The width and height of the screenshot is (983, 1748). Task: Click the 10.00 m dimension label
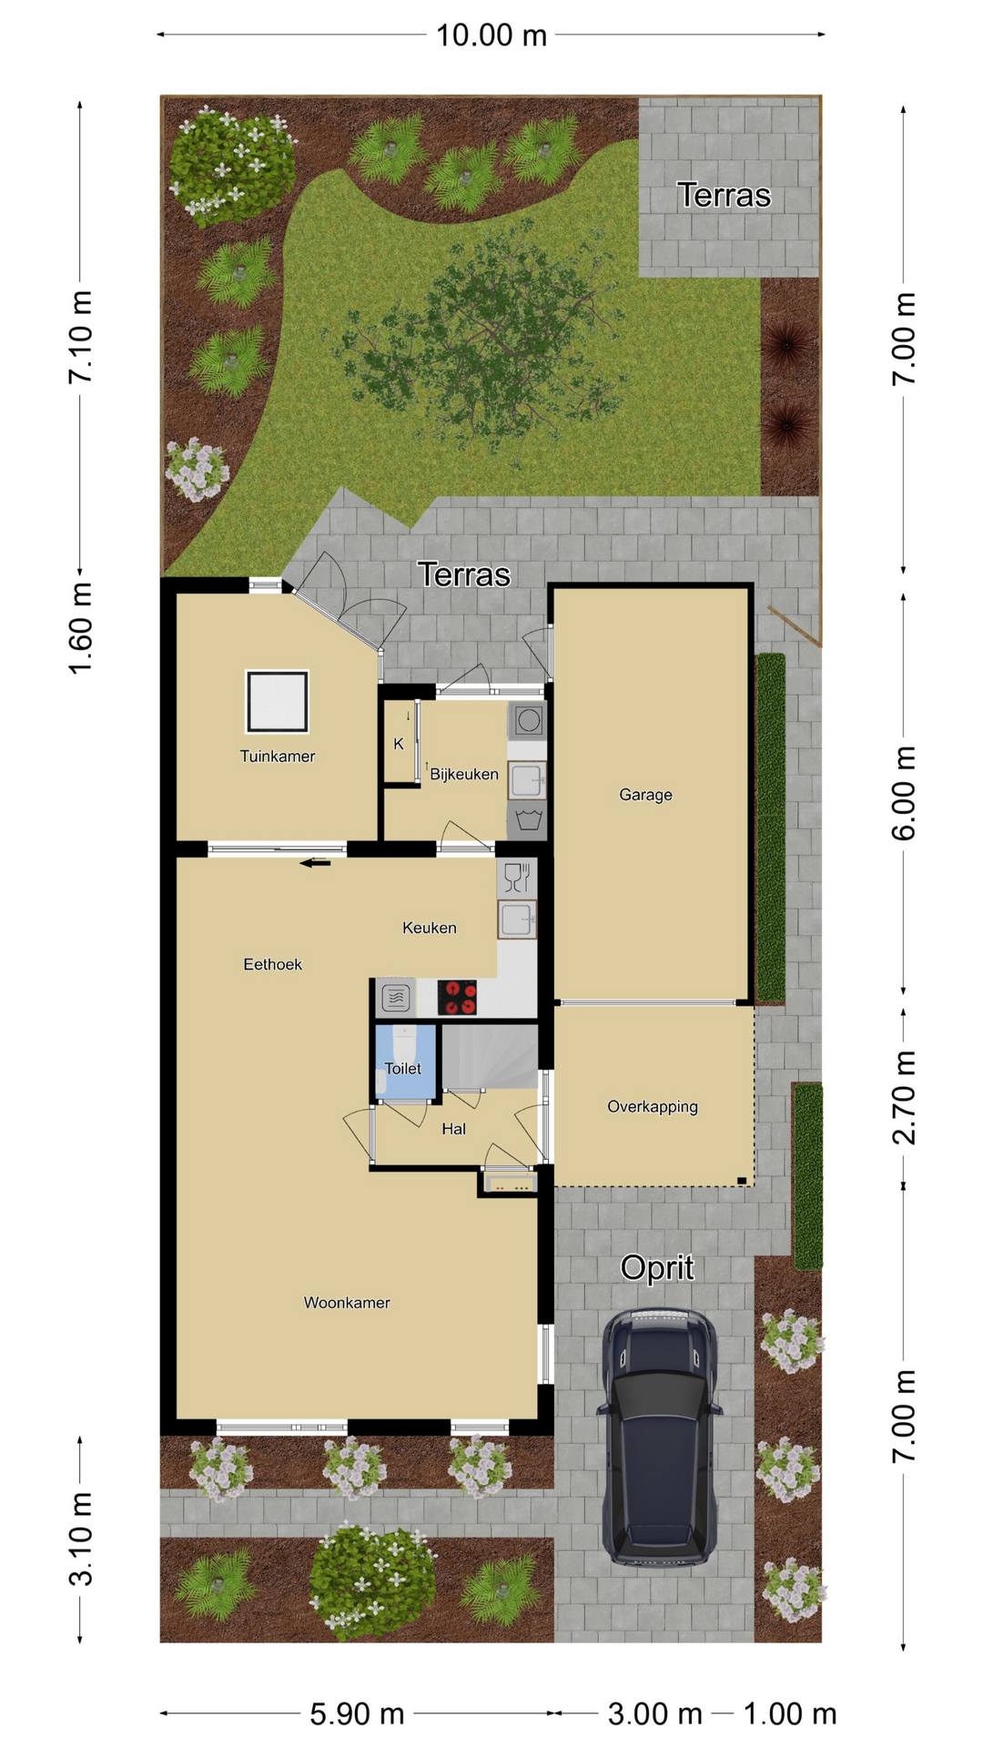coord(491,36)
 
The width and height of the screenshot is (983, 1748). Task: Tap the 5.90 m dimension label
coord(357,1714)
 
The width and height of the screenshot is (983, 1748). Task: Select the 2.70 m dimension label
coord(904,1097)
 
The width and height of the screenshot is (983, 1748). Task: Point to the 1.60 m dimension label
coord(81,628)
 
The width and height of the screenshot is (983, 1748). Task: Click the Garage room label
coord(645,795)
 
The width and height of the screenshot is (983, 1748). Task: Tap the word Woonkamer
coord(347,1303)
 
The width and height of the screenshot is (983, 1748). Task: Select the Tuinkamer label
coord(278,756)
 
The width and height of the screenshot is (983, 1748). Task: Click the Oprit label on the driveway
coord(657,1268)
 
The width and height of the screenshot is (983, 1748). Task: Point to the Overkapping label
coord(653,1107)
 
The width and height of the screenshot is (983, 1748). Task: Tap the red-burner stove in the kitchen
coord(457,997)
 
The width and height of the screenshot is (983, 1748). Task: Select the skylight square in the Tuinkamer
coord(277,702)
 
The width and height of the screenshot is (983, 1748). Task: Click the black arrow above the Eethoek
coord(315,863)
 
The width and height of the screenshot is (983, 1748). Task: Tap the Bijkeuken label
coord(464,774)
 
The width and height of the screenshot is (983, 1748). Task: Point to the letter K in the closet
coord(399,744)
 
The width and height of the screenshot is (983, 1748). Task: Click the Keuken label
coord(430,928)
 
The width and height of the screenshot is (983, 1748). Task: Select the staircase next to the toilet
coord(490,1057)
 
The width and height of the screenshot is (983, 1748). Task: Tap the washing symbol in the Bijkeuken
coord(529,819)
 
